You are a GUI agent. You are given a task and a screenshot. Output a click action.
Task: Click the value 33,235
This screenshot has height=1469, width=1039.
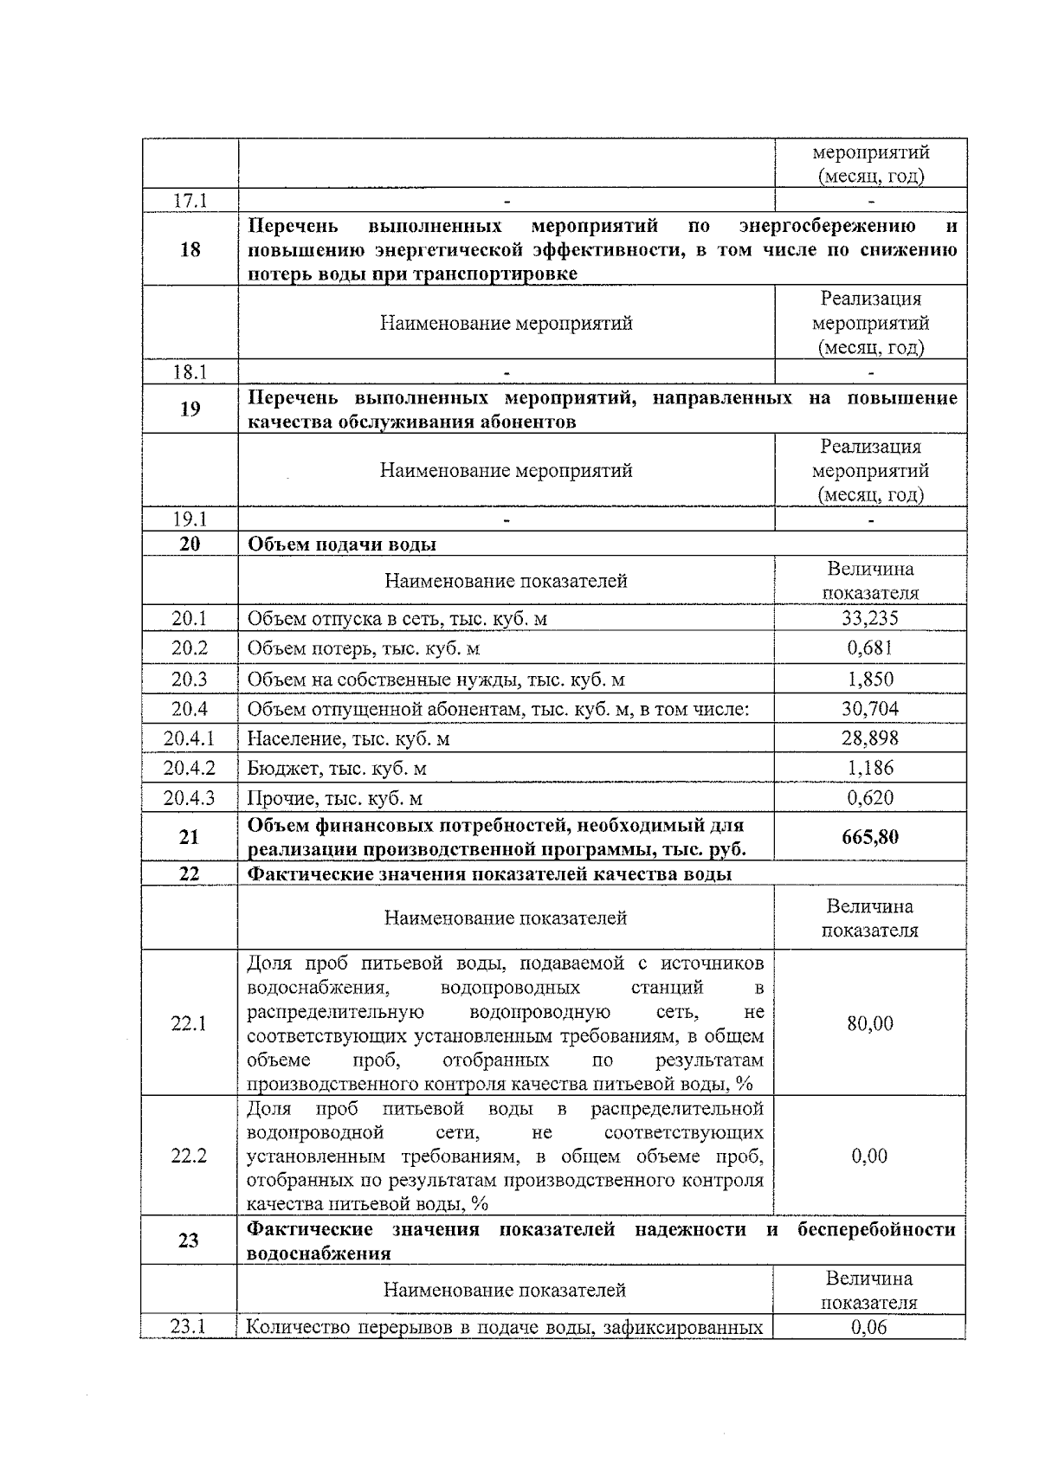[x=869, y=618]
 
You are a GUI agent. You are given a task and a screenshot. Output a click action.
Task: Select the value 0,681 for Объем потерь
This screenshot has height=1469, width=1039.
[x=869, y=648]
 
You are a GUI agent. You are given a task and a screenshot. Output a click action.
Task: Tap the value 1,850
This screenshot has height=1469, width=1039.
[x=869, y=679]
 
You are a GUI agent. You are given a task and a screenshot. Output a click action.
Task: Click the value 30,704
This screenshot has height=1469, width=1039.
[x=869, y=709]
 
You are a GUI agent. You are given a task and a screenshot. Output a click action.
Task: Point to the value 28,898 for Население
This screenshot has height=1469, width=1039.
[x=869, y=738]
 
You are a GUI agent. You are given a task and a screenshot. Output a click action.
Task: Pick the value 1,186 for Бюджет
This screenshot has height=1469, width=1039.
[x=869, y=768]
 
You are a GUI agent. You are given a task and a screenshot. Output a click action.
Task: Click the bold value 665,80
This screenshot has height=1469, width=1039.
[x=869, y=837]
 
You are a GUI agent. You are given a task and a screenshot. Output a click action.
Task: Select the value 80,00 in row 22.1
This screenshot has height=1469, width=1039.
[x=869, y=1023]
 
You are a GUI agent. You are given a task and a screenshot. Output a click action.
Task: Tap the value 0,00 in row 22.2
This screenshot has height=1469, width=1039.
[x=869, y=1156]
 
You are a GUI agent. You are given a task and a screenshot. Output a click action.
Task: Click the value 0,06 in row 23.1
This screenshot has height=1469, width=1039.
[x=869, y=1327]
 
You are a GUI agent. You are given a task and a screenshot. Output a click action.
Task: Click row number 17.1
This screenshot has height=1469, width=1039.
[x=190, y=201]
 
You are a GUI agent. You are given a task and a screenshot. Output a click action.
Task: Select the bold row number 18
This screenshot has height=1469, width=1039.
[x=190, y=250]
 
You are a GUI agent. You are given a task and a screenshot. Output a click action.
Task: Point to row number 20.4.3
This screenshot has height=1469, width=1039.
[x=190, y=798]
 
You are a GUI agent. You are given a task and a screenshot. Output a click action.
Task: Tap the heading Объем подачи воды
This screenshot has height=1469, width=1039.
[x=342, y=544]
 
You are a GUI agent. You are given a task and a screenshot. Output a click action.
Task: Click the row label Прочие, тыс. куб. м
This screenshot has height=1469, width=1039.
[x=335, y=798]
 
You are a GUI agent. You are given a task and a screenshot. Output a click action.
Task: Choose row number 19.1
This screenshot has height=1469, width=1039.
[x=190, y=519]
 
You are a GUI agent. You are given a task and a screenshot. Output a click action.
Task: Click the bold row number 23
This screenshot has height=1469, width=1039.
[x=189, y=1240]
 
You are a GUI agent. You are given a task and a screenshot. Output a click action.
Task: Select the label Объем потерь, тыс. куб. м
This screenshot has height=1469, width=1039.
[x=364, y=648]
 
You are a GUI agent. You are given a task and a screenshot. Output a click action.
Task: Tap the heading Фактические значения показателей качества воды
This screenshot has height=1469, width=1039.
[x=489, y=874]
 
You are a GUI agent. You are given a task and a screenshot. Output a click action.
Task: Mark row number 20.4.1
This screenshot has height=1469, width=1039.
[x=190, y=738]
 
